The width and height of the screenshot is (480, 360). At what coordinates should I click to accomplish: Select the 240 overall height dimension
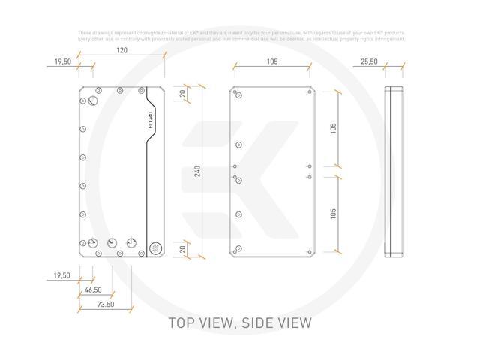tap(197, 170)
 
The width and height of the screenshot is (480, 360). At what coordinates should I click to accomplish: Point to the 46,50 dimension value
tap(94, 289)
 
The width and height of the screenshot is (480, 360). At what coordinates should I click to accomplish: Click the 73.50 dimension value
tap(106, 304)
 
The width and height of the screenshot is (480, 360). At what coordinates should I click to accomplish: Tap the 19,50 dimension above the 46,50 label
tap(61, 276)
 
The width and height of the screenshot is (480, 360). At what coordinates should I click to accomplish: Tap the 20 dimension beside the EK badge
tap(182, 247)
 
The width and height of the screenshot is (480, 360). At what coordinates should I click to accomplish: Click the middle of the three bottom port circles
tap(112, 243)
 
